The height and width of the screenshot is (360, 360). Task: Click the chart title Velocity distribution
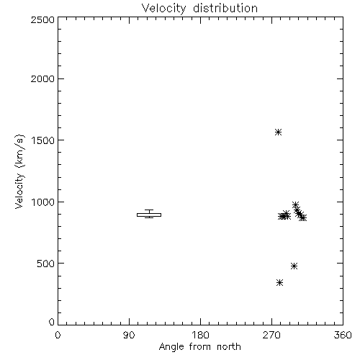click(x=199, y=9)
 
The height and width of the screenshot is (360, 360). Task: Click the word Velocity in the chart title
click(x=164, y=9)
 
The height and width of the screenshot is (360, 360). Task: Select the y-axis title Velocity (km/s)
click(x=19, y=171)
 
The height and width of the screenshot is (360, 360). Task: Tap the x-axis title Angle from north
click(x=199, y=347)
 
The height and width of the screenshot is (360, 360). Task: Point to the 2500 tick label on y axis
click(x=42, y=19)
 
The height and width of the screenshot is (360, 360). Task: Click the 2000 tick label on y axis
click(x=42, y=78)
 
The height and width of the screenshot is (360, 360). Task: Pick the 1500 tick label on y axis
click(x=43, y=140)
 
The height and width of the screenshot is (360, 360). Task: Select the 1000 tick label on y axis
click(x=43, y=202)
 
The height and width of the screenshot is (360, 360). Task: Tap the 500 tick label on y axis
click(x=45, y=264)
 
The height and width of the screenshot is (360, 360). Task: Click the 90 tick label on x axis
click(x=129, y=335)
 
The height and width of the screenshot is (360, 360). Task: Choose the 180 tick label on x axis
click(x=200, y=335)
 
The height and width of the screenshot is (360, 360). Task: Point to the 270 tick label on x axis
click(x=271, y=335)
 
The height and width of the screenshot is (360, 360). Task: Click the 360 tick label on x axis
click(x=343, y=335)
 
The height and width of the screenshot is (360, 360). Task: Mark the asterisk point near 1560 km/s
click(x=278, y=132)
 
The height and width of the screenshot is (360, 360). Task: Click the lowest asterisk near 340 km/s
click(x=279, y=283)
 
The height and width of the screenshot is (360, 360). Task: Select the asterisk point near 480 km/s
click(x=294, y=266)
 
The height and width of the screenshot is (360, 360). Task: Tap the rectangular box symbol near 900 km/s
click(x=149, y=215)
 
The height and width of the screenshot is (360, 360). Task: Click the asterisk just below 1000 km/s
click(x=295, y=204)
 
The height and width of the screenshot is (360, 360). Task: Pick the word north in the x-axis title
click(x=229, y=347)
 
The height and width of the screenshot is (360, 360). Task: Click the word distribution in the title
click(x=225, y=8)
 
